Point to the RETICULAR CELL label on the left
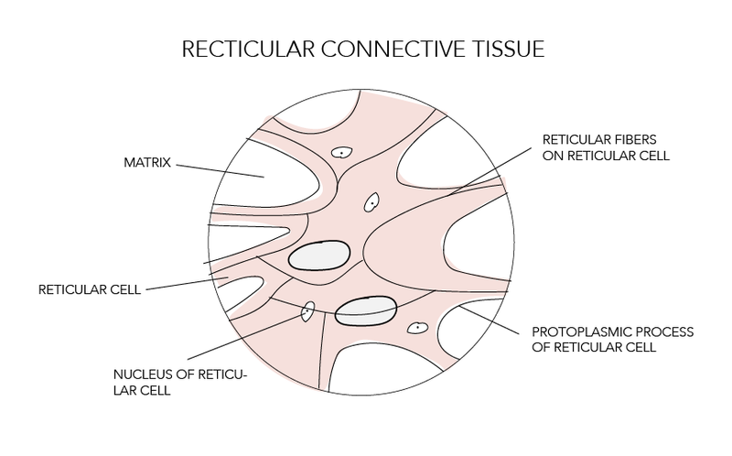tap(90, 290)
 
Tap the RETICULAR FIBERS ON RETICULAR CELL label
tap(605, 147)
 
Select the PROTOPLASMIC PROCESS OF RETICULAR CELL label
tap(597, 338)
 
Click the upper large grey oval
tap(319, 256)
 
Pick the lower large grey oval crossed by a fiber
tap(365, 311)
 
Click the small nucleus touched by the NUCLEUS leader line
tap(308, 313)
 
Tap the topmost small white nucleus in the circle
tap(342, 154)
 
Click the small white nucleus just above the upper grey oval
tap(371, 202)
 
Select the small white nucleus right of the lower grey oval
tap(417, 327)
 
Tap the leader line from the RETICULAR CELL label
tap(183, 284)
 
